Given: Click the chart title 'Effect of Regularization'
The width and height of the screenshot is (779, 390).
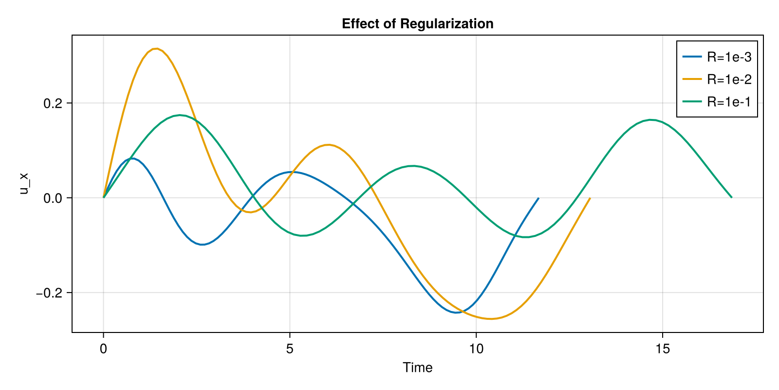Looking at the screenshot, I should (x=417, y=23).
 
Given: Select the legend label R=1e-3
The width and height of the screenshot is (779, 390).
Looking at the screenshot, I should (x=729, y=57).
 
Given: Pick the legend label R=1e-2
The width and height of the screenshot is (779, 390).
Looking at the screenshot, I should (x=729, y=79).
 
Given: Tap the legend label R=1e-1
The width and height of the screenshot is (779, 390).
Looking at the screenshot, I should (x=729, y=102).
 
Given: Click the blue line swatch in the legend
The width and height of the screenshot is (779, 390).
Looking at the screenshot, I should (x=692, y=57).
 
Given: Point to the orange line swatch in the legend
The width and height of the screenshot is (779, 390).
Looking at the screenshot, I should (x=692, y=79).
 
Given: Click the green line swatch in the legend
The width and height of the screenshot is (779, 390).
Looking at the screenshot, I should (x=692, y=102).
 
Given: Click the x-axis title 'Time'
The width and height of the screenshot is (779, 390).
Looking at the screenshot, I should (x=417, y=368).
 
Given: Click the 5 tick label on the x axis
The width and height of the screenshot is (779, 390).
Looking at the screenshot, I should (x=290, y=349).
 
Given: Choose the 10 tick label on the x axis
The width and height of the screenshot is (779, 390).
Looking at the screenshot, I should (x=476, y=349).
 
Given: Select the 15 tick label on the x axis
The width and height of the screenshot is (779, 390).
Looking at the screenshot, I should (x=663, y=349).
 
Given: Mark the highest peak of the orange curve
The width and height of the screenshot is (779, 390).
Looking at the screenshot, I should (x=155, y=49).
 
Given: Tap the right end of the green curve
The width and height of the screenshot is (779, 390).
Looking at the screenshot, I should (x=731, y=197).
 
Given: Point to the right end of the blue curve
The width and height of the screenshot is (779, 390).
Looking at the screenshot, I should (x=538, y=198).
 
